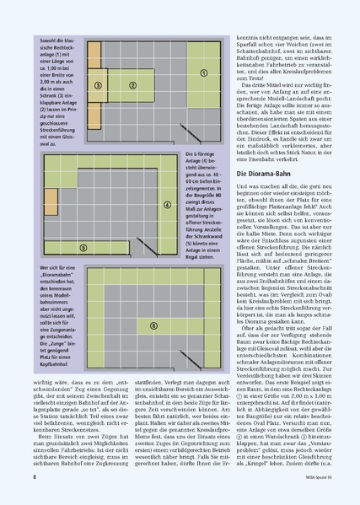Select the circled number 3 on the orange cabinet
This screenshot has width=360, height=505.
click(x=99, y=85)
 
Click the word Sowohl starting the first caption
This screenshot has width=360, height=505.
click(x=49, y=40)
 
